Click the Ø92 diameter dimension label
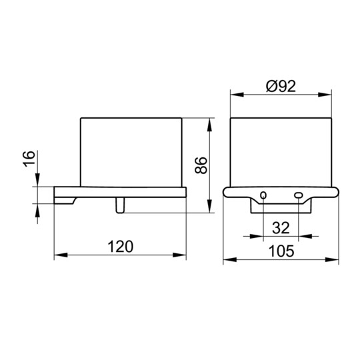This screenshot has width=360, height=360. point(281,86)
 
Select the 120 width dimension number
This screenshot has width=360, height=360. point(120,247)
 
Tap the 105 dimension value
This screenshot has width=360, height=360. point(281,251)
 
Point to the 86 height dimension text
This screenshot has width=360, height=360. point(201,165)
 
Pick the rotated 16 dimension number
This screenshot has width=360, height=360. point(29,159)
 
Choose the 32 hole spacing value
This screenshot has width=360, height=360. point(281,228)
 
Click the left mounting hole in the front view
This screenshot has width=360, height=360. point(263,195)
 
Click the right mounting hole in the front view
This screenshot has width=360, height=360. point(298,195)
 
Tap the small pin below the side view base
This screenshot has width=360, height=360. point(120,205)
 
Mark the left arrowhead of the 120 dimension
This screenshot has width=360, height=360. point(61,255)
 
